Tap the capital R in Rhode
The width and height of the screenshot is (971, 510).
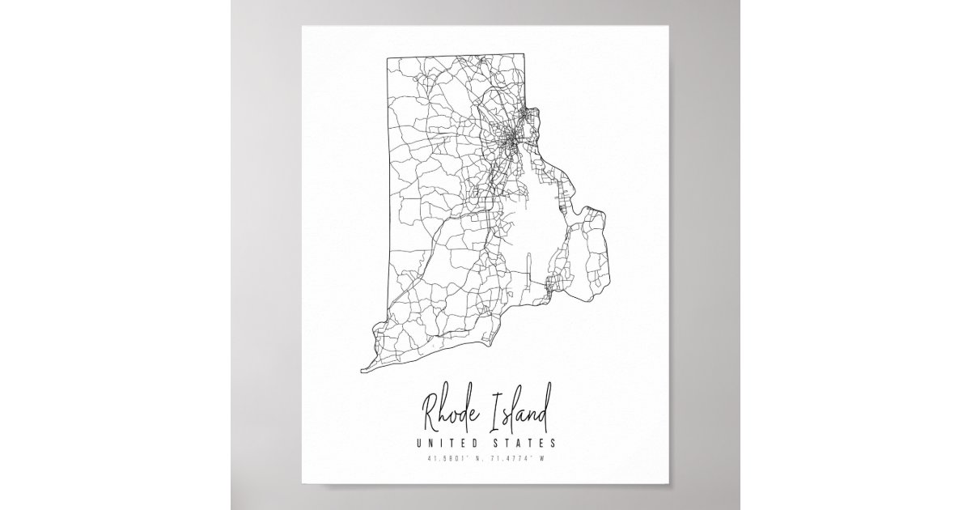click(x=428, y=414)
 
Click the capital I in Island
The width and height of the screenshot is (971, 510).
click(x=495, y=413)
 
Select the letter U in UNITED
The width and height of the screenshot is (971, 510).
click(x=418, y=443)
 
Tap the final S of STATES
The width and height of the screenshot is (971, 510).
click(x=553, y=443)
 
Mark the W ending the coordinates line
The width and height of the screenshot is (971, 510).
click(x=546, y=460)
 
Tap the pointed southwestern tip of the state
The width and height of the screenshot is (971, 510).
click(x=361, y=370)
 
